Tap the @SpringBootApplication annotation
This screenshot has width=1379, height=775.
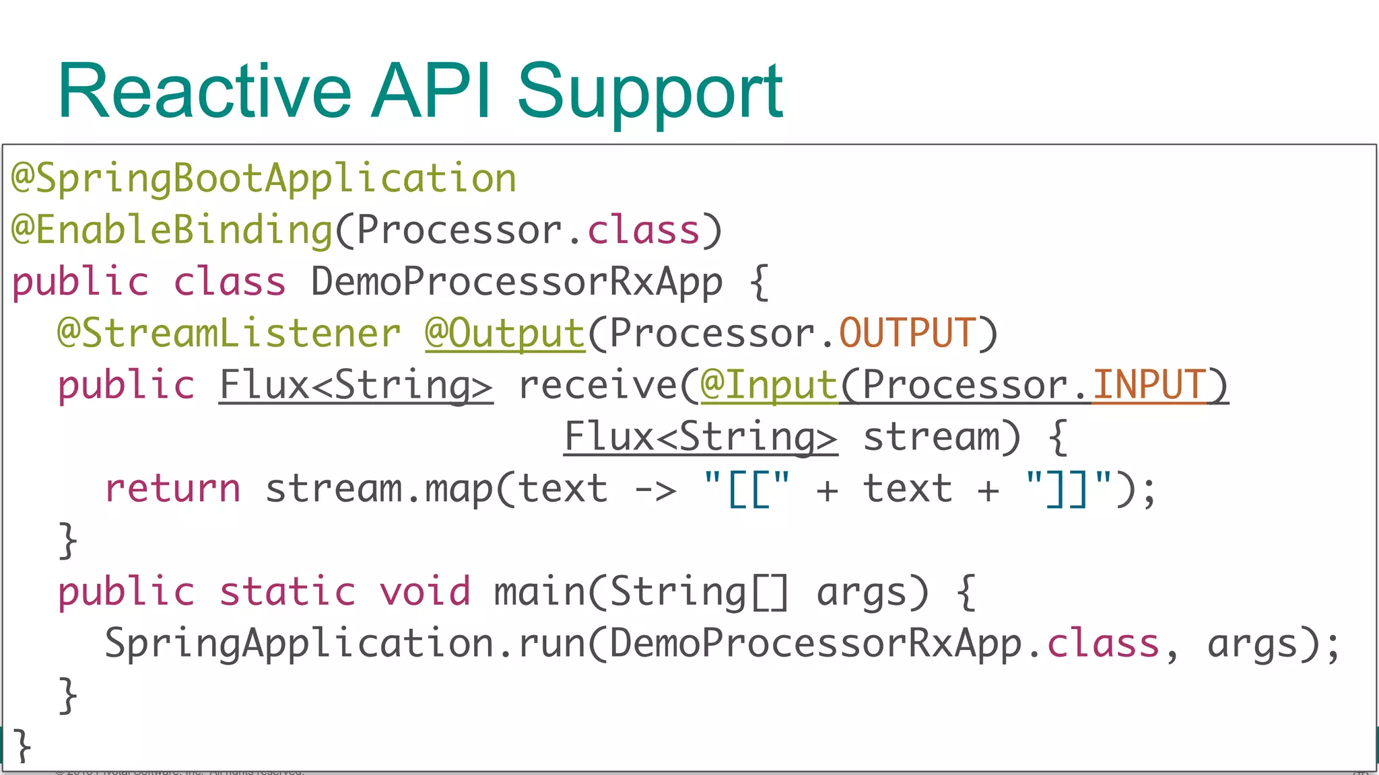click(264, 179)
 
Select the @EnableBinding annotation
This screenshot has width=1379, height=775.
click(172, 230)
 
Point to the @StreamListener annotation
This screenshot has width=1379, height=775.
click(229, 334)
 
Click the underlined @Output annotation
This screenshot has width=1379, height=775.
click(505, 334)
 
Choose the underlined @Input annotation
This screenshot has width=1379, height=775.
click(769, 385)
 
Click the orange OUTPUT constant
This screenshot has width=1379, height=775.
click(906, 334)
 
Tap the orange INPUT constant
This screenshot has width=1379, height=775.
click(1149, 385)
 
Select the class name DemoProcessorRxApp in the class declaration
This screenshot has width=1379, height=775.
click(516, 282)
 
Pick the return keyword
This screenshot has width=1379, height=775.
click(173, 489)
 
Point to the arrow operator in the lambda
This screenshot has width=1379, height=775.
click(655, 489)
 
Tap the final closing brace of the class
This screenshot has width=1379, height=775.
click(22, 745)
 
